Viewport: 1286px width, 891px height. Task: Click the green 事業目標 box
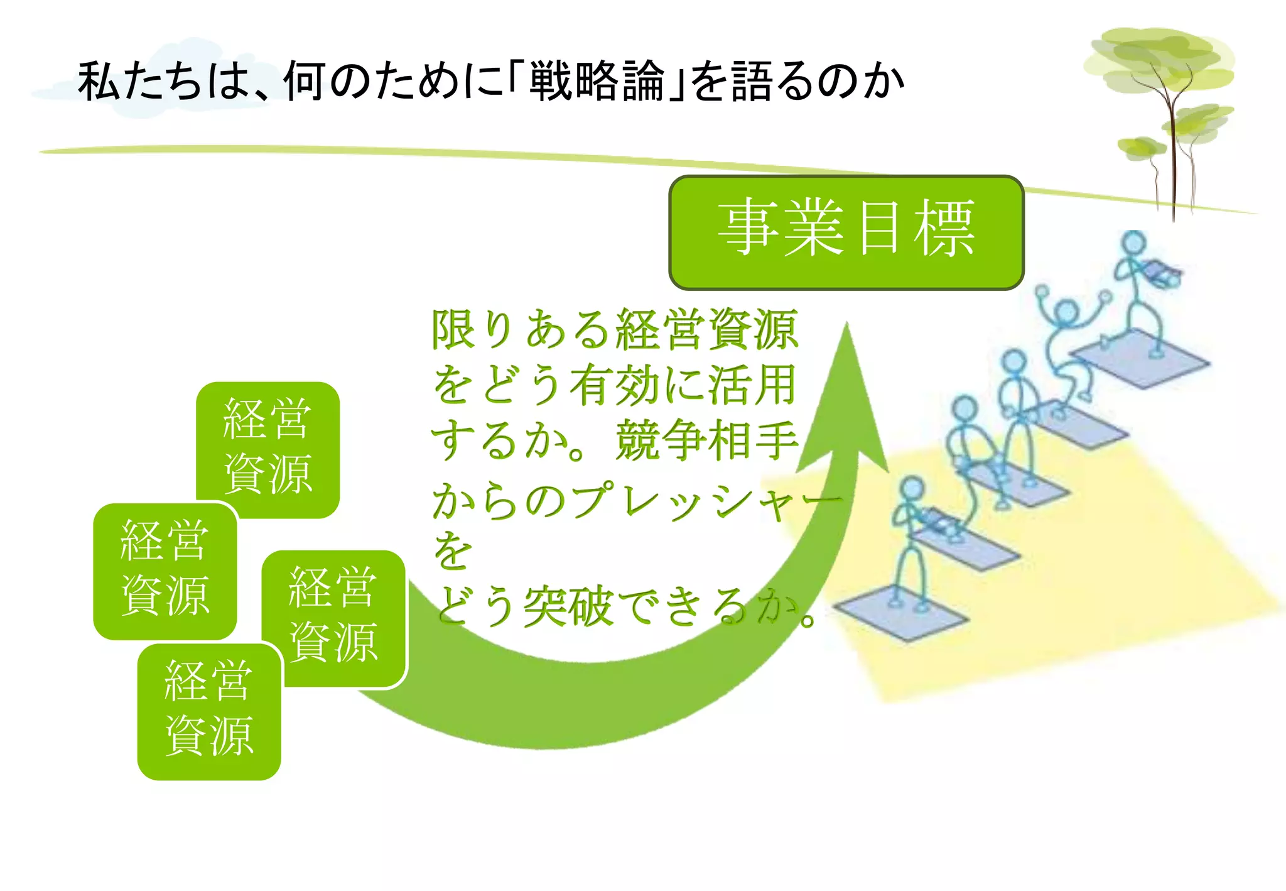846,232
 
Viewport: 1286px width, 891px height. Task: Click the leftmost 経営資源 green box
165,571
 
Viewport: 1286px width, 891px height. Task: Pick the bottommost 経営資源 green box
208,711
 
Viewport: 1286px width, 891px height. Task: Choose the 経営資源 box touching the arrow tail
333,617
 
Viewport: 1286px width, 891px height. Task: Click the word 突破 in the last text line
568,607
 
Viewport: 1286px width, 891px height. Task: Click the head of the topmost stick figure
1134,243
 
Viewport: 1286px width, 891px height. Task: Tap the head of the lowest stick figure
912,488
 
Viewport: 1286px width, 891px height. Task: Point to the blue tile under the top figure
1140,358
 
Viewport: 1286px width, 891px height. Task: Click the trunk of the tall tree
1172,163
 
